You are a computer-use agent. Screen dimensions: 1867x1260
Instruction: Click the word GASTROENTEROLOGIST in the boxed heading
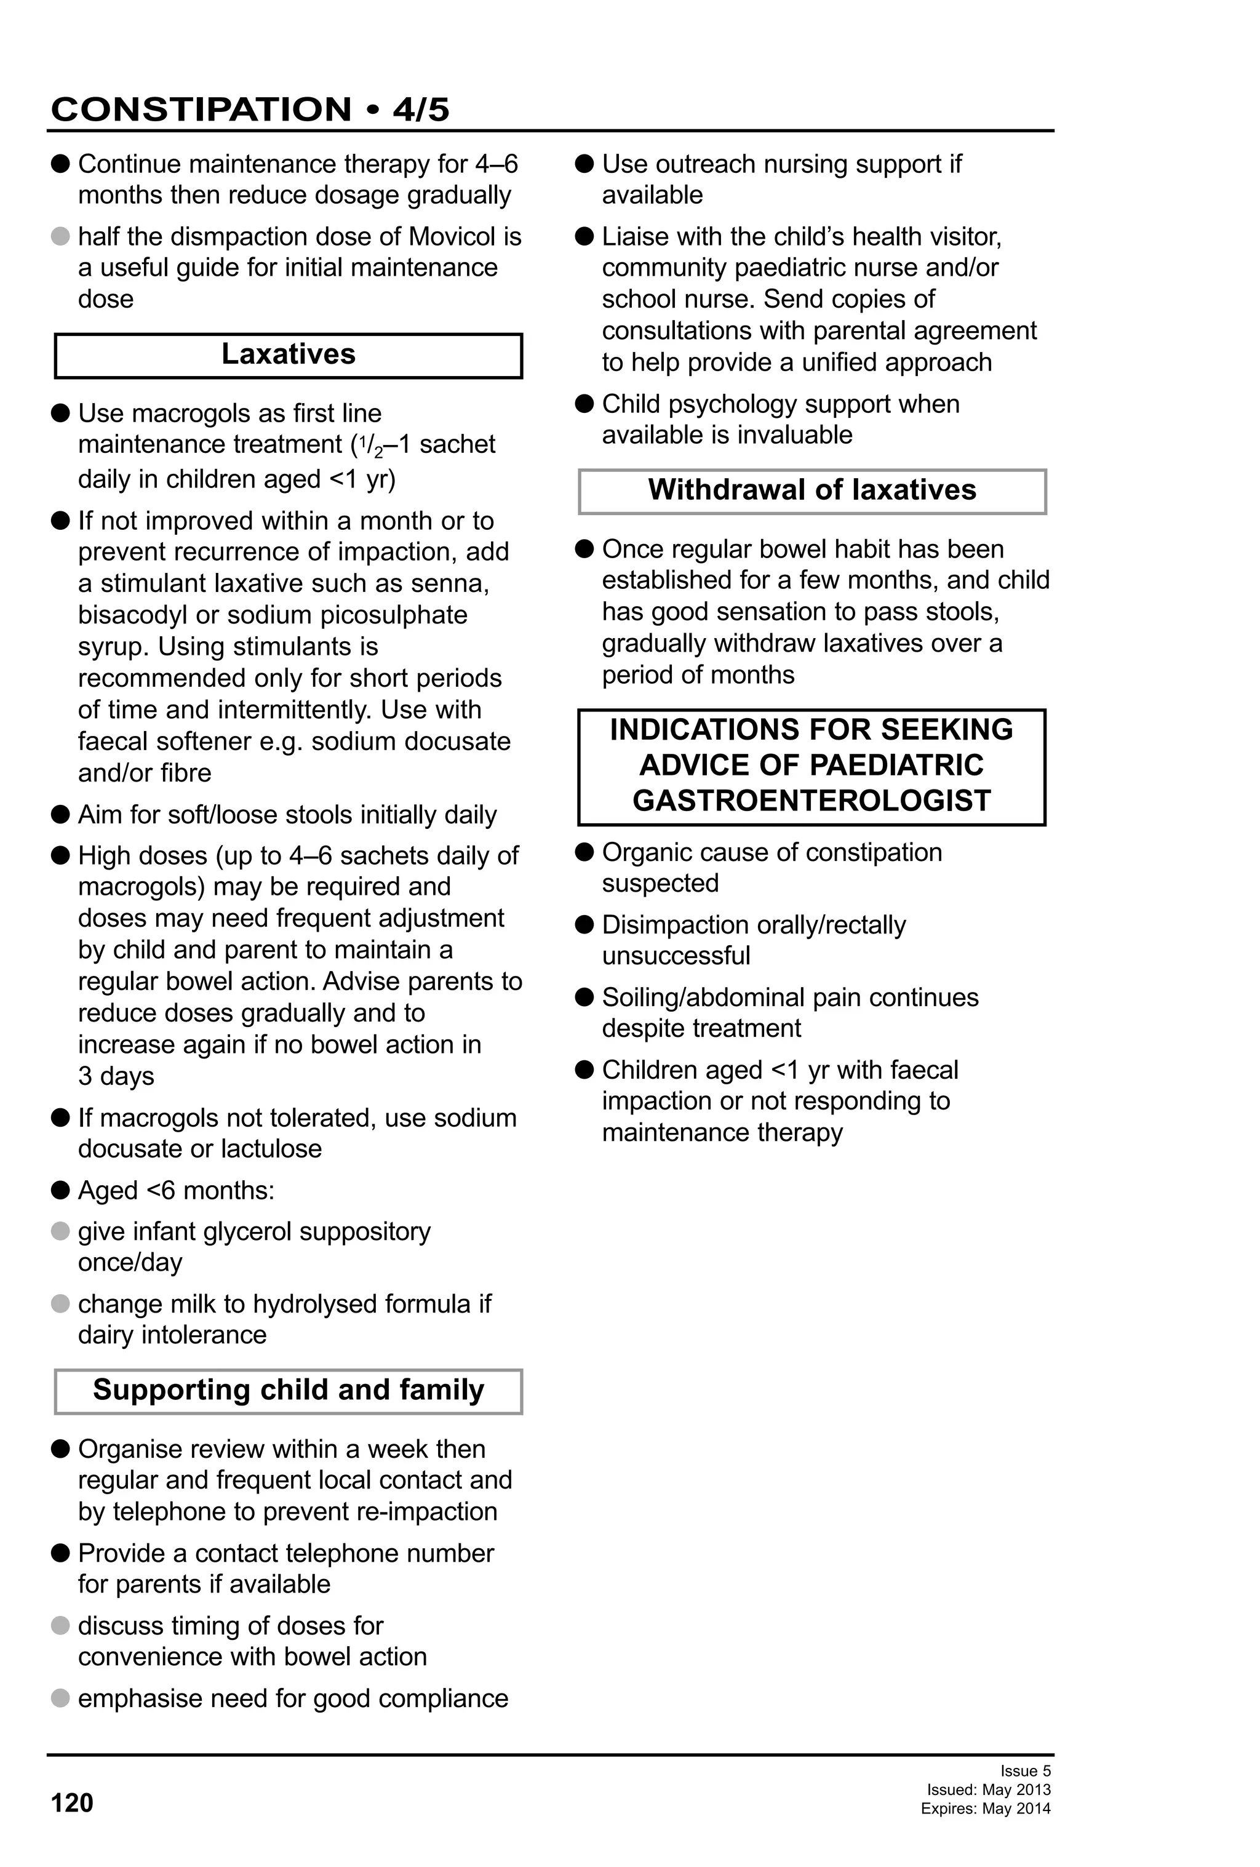click(x=811, y=801)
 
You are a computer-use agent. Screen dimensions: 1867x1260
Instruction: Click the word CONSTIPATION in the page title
click(x=201, y=110)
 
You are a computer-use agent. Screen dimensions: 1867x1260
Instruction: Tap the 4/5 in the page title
click(x=421, y=110)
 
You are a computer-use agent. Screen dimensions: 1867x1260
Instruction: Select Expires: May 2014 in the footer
click(x=986, y=1809)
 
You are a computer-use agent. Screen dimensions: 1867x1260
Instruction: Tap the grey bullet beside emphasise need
click(x=60, y=1698)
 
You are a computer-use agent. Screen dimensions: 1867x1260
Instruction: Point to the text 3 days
click(x=116, y=1076)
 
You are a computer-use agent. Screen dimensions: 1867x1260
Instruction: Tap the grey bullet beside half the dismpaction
click(x=60, y=237)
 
